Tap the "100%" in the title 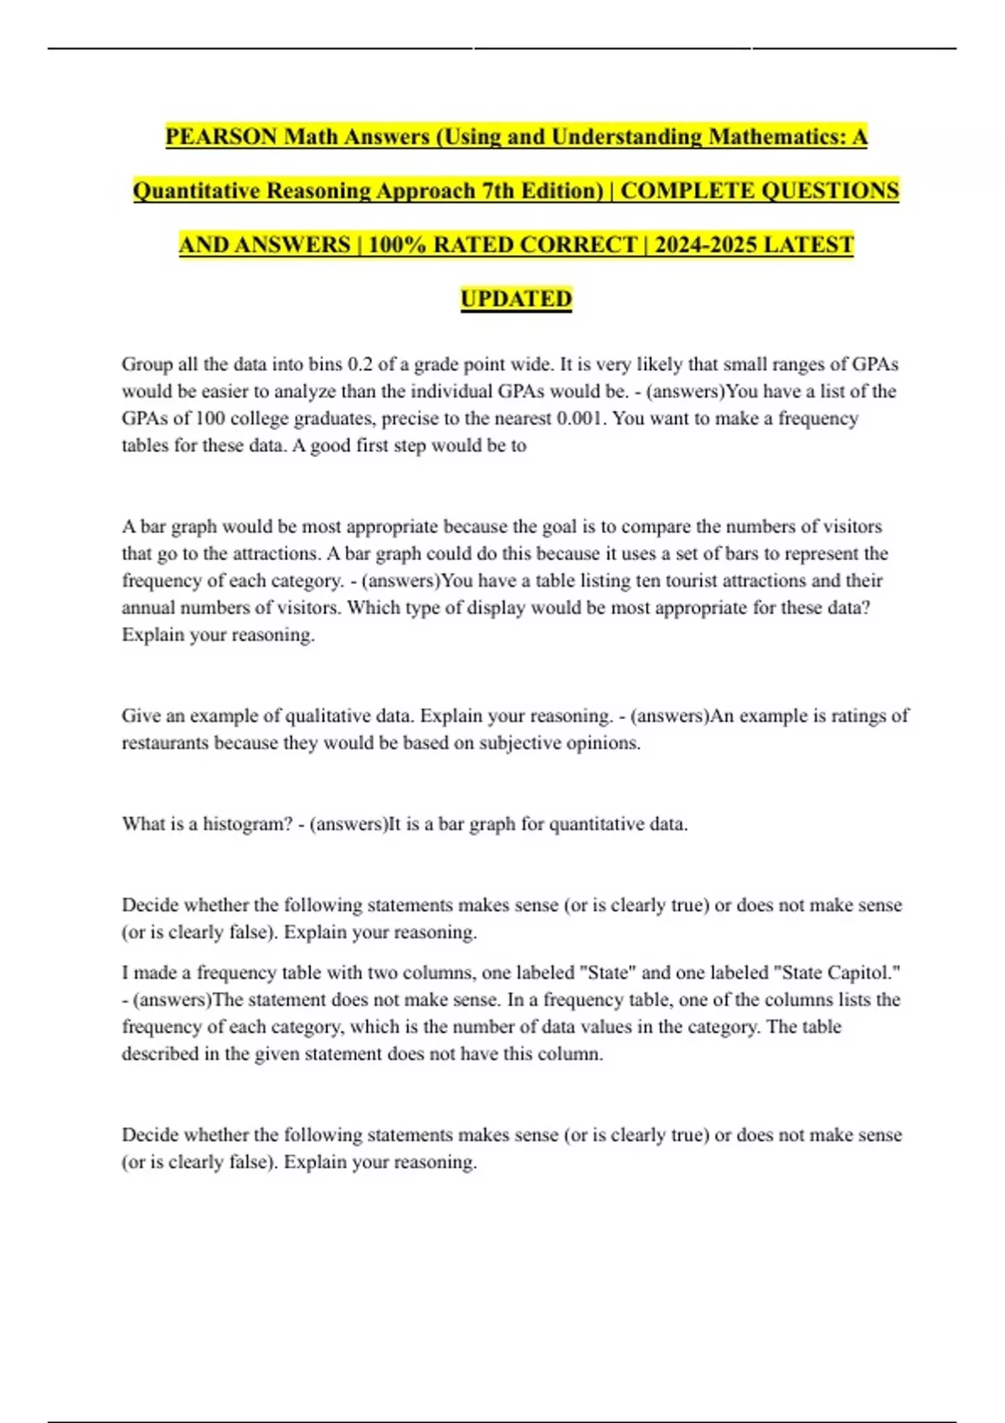tap(397, 245)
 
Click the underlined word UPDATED tap(516, 299)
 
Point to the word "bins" tap(323, 364)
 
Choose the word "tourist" tap(678, 580)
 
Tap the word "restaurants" tap(164, 742)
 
